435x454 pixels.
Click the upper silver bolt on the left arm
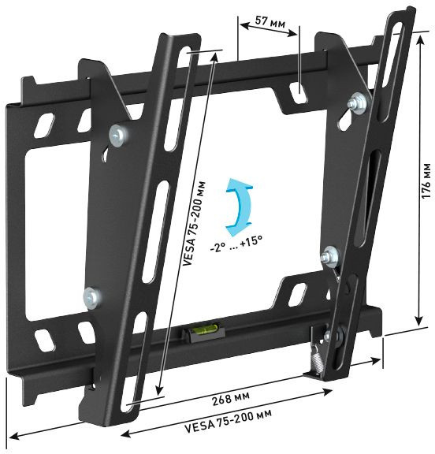118,136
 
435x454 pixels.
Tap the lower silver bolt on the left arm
91,298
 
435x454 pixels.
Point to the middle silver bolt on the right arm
329,255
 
